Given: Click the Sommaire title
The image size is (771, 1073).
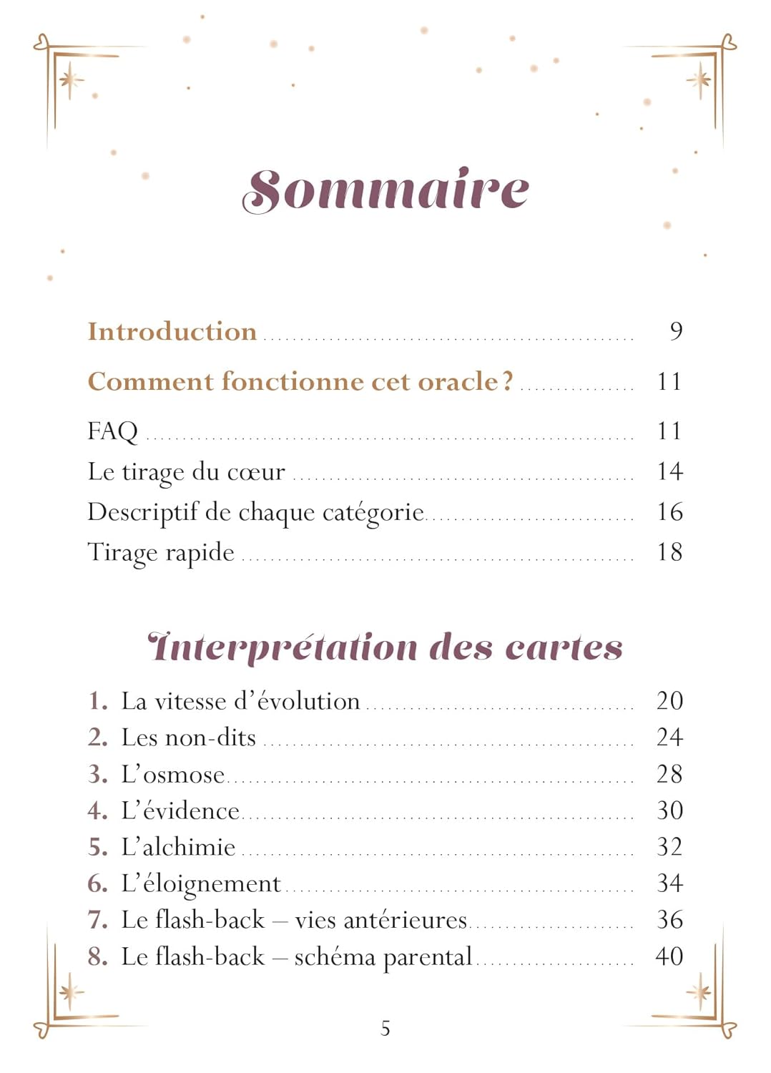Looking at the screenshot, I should click(385, 190).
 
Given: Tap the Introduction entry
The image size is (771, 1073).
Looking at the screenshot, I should click(172, 332).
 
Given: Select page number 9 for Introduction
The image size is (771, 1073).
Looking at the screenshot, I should click(675, 331).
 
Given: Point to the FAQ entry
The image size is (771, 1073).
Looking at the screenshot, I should click(112, 431).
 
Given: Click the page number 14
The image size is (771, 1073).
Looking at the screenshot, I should click(669, 471).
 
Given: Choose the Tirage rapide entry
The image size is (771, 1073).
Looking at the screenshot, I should click(161, 553).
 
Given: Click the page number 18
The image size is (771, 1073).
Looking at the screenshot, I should click(669, 552).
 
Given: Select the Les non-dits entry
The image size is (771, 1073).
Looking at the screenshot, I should click(188, 738).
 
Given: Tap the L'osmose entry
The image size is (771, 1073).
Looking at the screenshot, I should click(172, 774).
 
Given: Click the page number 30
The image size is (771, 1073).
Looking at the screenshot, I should click(669, 810).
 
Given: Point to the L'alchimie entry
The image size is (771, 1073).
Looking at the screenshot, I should click(178, 847).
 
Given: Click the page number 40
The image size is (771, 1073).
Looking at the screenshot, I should click(669, 956).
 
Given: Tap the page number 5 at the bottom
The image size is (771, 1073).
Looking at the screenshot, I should click(385, 1029).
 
